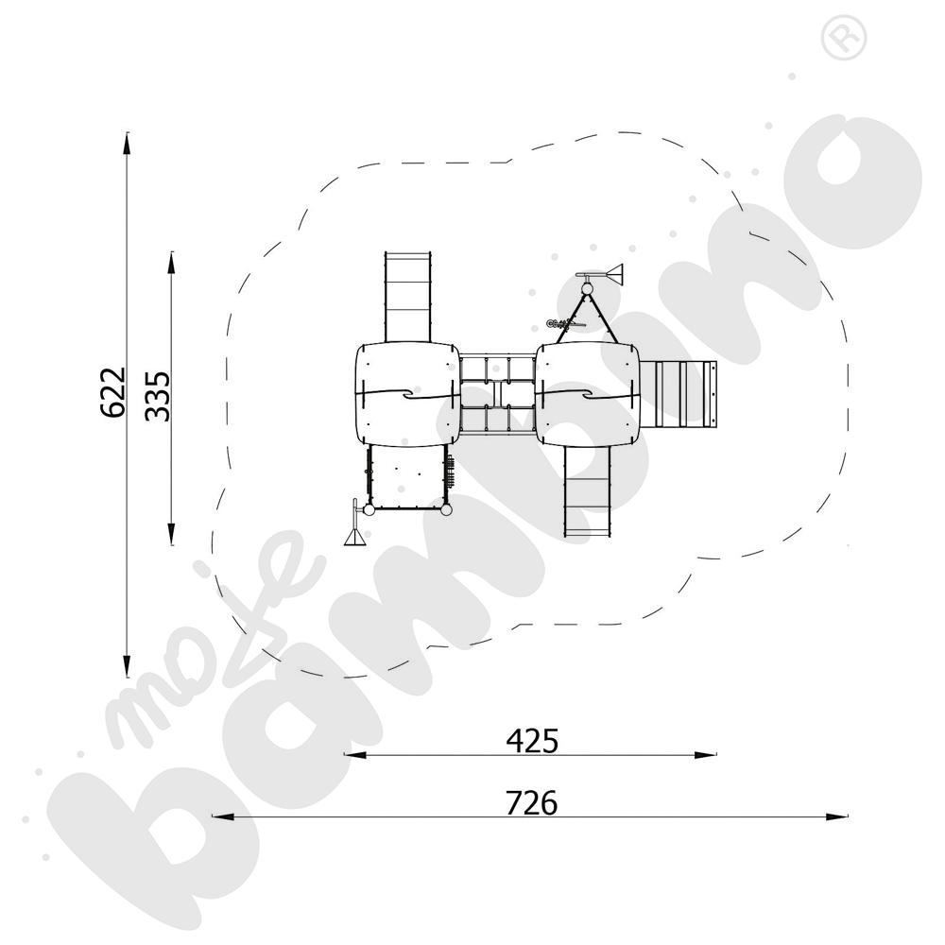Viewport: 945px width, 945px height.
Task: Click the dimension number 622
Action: click(113, 392)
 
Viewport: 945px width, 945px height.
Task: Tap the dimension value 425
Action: click(532, 741)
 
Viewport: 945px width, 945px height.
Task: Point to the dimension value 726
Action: click(531, 802)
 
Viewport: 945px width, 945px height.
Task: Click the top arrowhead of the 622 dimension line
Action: click(127, 144)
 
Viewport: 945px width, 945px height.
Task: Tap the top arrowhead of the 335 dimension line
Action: click(172, 264)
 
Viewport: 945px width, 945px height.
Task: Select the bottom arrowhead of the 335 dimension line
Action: click(172, 534)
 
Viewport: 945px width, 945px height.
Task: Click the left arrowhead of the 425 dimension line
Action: click(355, 754)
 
